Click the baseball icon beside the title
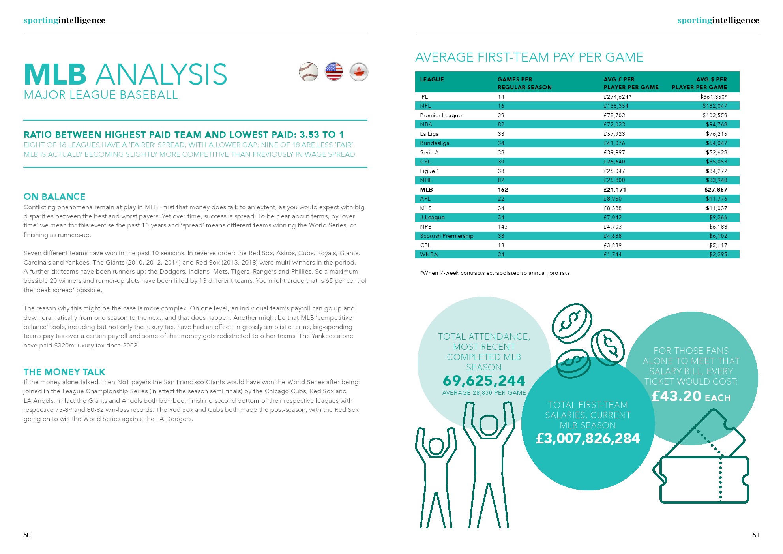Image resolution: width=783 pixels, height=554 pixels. tap(308, 72)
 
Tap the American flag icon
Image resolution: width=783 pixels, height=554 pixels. tap(334, 72)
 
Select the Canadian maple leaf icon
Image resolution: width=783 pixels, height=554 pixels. tap(359, 72)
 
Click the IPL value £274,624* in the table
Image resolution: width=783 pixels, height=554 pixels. tap(617, 97)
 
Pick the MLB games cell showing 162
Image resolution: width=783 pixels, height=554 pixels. tap(503, 190)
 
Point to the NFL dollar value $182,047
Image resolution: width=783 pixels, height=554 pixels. tap(714, 106)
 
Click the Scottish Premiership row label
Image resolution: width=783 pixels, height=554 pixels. tap(446, 236)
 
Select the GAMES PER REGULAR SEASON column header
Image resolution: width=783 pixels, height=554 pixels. tap(524, 83)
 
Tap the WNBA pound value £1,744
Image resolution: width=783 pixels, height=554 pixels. tap(613, 254)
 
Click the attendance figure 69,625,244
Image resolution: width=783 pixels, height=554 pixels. tap(484, 381)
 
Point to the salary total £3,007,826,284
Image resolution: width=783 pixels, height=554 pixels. tap(588, 438)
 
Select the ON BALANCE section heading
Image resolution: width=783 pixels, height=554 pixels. tap(54, 197)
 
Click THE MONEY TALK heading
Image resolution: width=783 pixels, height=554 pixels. tap(64, 372)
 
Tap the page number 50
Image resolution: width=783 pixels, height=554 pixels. tap(27, 535)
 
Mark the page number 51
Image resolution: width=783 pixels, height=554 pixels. tap(755, 535)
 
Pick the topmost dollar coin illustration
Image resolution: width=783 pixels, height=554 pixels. tap(571, 323)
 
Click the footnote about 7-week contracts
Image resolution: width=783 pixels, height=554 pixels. tap(495, 273)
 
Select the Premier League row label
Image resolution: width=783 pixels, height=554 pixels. tap(440, 115)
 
